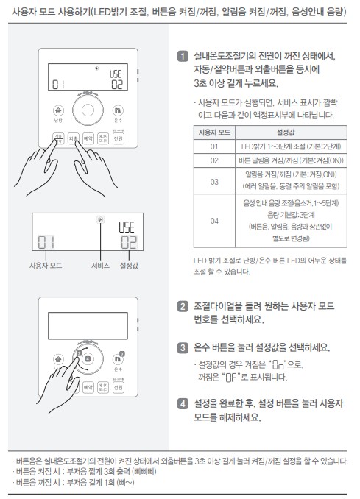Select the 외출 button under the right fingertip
73,138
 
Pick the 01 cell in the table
214,146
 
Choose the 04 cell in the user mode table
214,220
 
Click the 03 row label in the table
214,181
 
